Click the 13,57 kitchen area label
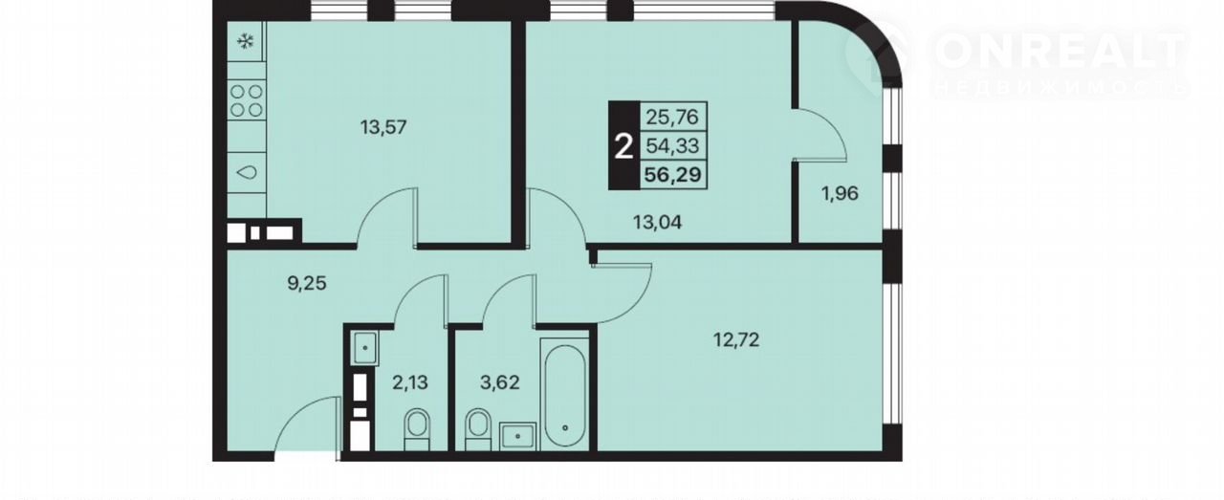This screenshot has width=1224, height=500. click(383, 128)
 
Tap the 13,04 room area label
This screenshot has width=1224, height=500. click(657, 223)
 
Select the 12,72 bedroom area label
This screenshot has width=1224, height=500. click(736, 340)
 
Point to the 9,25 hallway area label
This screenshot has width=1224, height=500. click(307, 283)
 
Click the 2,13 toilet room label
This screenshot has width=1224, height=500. click(410, 382)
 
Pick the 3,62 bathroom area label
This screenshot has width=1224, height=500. click(499, 382)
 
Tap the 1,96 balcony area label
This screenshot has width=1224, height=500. click(840, 193)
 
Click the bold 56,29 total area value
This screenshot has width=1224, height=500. click(672, 175)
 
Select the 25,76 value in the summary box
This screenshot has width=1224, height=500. click(672, 117)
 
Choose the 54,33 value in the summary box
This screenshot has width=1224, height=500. click(672, 146)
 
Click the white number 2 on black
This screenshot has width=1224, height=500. click(623, 146)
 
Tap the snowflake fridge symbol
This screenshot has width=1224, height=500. click(246, 41)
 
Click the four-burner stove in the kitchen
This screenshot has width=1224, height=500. click(247, 100)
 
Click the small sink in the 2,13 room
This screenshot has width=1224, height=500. click(365, 348)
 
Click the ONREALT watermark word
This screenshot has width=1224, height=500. click(1060, 52)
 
